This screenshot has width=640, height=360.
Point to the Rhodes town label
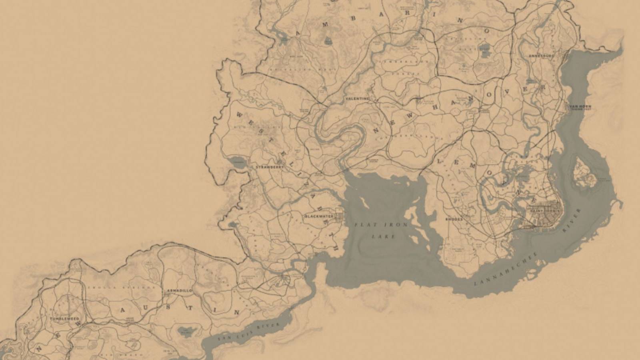coord(454,219)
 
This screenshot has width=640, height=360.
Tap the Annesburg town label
coord(541,56)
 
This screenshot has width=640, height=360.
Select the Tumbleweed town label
coord(64,319)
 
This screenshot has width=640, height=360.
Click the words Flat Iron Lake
coord(381,230)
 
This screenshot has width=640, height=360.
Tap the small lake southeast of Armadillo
coord(184,330)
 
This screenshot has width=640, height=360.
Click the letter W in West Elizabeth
coord(238,115)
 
